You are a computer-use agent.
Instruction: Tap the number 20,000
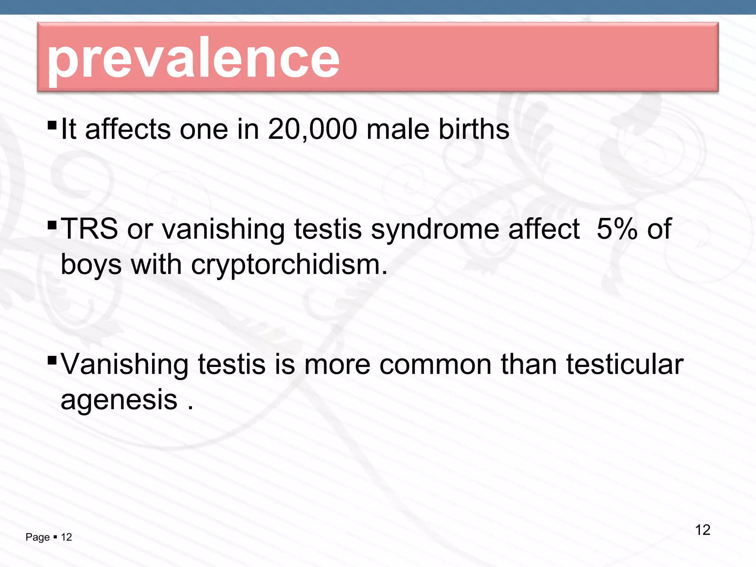[312, 129]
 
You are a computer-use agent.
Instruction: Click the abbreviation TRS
[89, 229]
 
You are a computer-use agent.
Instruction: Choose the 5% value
[617, 229]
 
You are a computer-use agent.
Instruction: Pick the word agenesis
[119, 400]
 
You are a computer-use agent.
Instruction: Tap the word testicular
[625, 364]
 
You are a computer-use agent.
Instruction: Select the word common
[435, 365]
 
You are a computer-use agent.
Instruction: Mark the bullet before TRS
[52, 224]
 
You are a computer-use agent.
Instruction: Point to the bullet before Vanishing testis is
[52, 360]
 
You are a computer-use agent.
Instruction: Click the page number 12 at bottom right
[702, 530]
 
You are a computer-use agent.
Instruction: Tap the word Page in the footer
[37, 537]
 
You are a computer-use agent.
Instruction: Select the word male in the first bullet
[398, 129]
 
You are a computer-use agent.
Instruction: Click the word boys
[91, 265]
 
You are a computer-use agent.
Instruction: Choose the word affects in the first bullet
[128, 129]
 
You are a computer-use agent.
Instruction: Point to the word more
[337, 365]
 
